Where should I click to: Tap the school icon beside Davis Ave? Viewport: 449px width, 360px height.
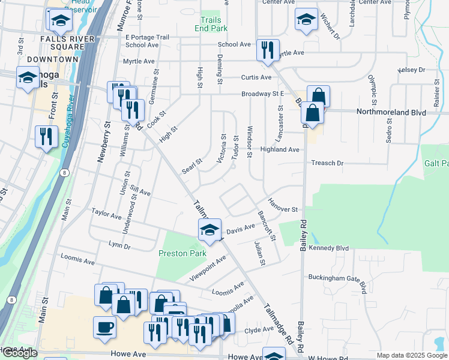pyautogui.click(x=209, y=230)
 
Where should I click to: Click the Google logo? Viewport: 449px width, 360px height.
pyautogui.click(x=20, y=353)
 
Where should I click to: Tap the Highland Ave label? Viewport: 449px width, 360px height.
pyautogui.click(x=279, y=149)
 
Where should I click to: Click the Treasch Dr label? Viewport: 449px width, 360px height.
pyautogui.click(x=327, y=163)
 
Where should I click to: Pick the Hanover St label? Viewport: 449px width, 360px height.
pyautogui.click(x=283, y=206)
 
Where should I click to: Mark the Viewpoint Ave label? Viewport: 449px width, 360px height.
pyautogui.click(x=208, y=268)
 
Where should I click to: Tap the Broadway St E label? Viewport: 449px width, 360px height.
pyautogui.click(x=262, y=94)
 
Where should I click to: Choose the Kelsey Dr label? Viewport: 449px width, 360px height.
pyautogui.click(x=412, y=70)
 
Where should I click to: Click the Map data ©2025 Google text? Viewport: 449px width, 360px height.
pyautogui.click(x=411, y=355)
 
